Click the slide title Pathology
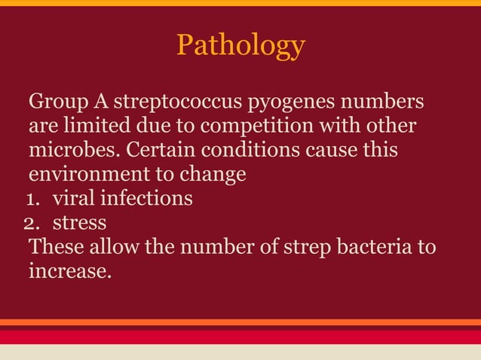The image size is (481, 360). tap(240, 46)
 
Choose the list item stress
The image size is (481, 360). tap(79, 224)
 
